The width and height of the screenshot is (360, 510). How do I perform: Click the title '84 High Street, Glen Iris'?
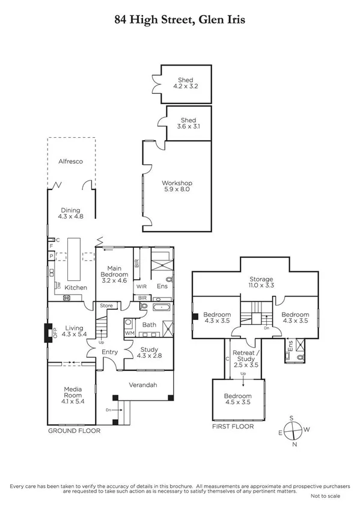pyautogui.click(x=180, y=20)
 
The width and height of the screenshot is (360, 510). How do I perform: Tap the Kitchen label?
pyautogui.click(x=76, y=287)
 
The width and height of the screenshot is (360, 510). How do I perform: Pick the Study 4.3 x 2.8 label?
pyautogui.click(x=148, y=353)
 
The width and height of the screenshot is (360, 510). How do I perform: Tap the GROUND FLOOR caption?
pyautogui.click(x=74, y=431)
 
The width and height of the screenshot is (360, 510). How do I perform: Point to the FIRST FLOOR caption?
pyautogui.click(x=233, y=426)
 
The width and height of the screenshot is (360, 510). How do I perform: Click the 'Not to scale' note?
pyautogui.click(x=326, y=496)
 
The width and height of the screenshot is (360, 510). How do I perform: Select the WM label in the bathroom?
pyautogui.click(x=129, y=333)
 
